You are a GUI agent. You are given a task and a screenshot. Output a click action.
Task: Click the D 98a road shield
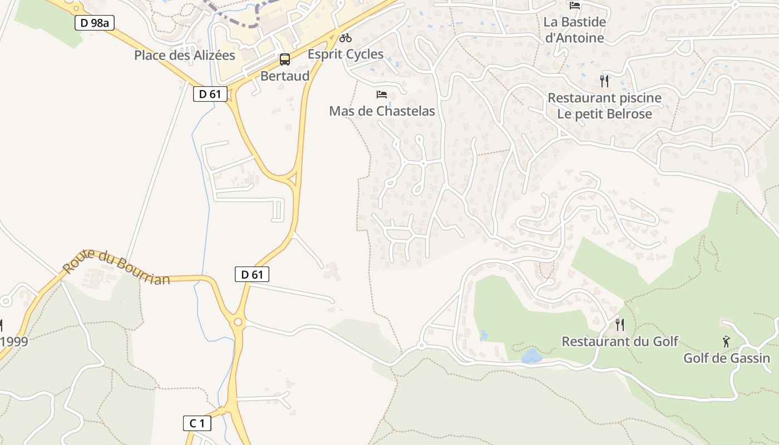coord(94,23)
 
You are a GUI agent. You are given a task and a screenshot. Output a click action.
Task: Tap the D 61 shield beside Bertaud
coord(210,94)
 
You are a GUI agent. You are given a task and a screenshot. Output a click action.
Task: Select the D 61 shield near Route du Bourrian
coord(252,274)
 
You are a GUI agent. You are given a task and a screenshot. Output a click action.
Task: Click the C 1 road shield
coord(197,423)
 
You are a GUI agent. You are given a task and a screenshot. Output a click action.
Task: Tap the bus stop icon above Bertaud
coord(284,60)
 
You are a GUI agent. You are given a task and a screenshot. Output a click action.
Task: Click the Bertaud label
coord(285,76)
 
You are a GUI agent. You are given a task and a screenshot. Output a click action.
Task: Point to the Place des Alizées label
coord(185,56)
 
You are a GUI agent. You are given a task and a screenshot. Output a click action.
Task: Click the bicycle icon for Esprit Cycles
coord(346,38)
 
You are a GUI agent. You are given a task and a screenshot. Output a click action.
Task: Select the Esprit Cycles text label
coord(346,55)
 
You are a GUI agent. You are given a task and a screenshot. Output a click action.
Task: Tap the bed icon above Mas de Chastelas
coord(382,95)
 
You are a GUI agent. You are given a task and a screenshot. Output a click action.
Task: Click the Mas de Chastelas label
coord(382,111)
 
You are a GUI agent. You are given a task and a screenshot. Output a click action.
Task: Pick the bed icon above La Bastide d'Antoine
coord(575,6)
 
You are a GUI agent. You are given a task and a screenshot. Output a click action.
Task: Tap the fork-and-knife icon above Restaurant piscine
coord(605,81)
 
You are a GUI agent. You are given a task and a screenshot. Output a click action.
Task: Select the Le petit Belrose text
coord(605,115)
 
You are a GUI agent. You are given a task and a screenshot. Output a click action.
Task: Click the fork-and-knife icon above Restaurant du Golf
coord(620,324)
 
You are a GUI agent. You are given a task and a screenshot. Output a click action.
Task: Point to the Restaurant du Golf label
coord(620,342)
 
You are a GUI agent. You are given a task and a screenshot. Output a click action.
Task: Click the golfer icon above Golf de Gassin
coord(726,341)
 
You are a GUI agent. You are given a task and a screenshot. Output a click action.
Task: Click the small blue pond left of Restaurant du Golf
coord(531,356)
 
